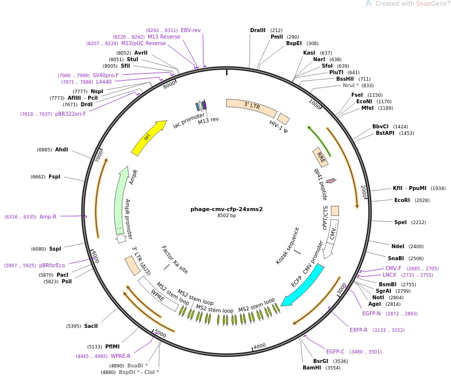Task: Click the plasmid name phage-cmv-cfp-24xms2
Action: pyautogui.click(x=227, y=209)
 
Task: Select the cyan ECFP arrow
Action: pyautogui.click(x=304, y=286)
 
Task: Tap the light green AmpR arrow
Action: pyautogui.click(x=120, y=199)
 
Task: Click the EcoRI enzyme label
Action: pyautogui.click(x=402, y=200)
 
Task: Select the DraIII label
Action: pyautogui.click(x=258, y=31)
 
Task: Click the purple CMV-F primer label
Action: pyautogui.click(x=393, y=268)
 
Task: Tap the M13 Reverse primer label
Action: pyautogui.click(x=164, y=37)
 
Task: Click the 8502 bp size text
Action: pyautogui.click(x=227, y=216)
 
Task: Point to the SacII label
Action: pyautogui.click(x=91, y=326)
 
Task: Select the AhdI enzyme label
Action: pyautogui.click(x=62, y=149)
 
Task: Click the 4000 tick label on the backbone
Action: pyautogui.click(x=260, y=346)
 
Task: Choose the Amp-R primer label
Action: pyautogui.click(x=48, y=217)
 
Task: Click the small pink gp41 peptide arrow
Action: pyautogui.click(x=331, y=180)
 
